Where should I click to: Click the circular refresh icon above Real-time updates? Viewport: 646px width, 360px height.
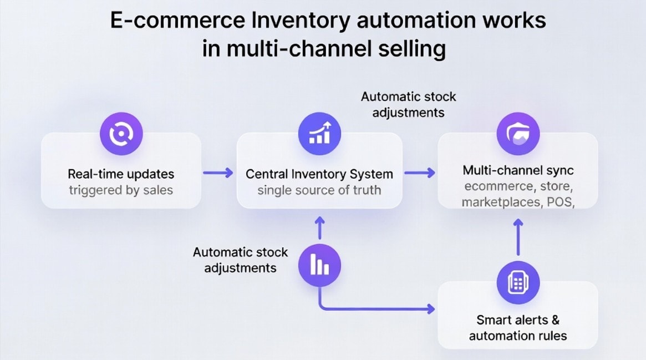(121, 134)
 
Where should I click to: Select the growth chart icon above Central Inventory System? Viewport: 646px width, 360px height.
(319, 134)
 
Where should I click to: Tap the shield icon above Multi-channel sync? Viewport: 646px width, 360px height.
(518, 134)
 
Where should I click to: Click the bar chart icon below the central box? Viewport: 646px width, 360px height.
(319, 266)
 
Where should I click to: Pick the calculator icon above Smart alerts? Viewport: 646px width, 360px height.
(518, 282)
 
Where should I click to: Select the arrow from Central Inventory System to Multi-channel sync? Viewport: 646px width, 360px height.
(420, 173)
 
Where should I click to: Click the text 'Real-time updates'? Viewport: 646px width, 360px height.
(121, 174)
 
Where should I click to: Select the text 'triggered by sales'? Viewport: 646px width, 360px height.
(121, 190)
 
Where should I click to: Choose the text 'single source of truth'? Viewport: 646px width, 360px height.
(319, 190)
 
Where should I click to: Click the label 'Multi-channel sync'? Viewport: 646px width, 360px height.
(518, 170)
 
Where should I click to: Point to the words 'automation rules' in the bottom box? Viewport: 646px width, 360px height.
(518, 336)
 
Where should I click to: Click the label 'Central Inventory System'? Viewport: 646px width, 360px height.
(319, 174)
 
